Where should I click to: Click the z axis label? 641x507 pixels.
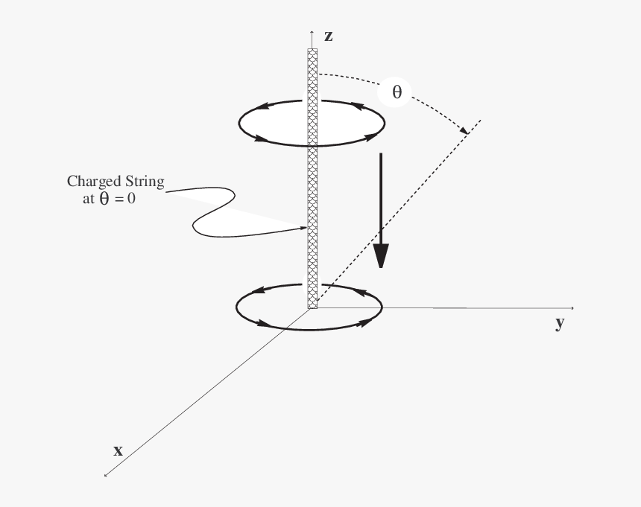[x=328, y=36]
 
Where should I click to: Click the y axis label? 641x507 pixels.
[x=560, y=323]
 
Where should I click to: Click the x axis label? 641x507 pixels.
[x=119, y=450]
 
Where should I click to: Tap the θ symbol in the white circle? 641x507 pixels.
[x=397, y=92]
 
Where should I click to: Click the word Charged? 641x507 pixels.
[x=94, y=182]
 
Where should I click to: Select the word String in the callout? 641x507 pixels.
[x=145, y=182]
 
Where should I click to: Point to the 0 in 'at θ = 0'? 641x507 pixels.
[x=131, y=198]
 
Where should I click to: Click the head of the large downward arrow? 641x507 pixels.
[x=381, y=255]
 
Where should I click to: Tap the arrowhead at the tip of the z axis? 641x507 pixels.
[x=312, y=32]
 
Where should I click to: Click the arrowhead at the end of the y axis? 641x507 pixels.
[x=572, y=308]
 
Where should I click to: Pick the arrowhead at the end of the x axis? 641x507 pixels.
[x=106, y=475]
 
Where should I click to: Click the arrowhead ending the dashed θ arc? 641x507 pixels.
[x=464, y=130]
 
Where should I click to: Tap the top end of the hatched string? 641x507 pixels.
[x=312, y=49]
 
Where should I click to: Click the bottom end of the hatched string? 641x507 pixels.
[x=312, y=307]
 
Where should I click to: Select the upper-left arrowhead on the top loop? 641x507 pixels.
[x=262, y=106]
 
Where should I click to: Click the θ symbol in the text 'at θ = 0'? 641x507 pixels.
[x=104, y=198]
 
